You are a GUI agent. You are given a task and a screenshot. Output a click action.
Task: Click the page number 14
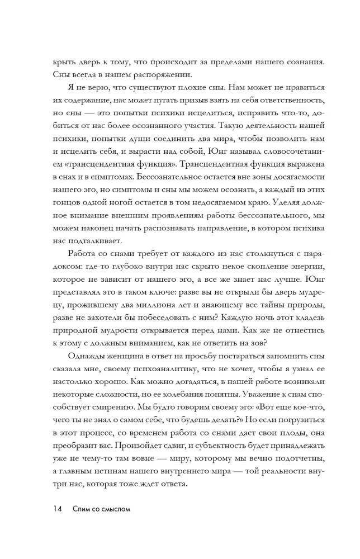point(58,525)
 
